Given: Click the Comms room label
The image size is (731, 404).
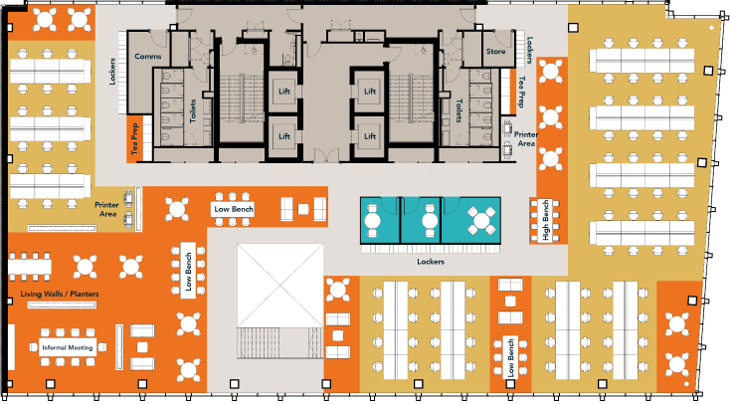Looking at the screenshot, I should point(148,57).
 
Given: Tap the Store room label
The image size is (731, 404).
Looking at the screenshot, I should point(496,51).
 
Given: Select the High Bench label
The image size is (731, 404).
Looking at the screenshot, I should point(545,221).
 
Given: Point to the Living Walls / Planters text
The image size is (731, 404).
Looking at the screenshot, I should point(59,295).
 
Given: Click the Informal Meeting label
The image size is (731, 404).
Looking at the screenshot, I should point(68,347).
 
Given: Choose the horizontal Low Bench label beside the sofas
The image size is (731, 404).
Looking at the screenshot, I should point(235,210).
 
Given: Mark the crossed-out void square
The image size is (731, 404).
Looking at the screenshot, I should point(279,283).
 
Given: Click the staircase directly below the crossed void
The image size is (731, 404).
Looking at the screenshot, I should point(279,343).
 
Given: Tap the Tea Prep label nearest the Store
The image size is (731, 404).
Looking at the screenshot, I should point(522,91).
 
